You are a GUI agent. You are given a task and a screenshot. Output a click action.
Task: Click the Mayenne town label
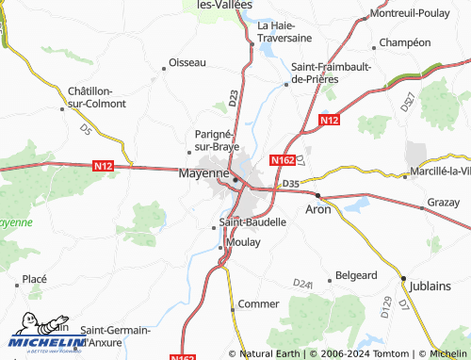[203, 174]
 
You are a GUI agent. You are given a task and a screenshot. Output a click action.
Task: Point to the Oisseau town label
[187, 62]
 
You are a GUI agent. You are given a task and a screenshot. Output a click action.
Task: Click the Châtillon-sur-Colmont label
[90, 97]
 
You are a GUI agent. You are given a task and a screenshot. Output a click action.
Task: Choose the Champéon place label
[404, 43]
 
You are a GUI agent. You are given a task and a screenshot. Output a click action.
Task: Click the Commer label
[258, 304]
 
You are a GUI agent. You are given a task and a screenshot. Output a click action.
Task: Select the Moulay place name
[242, 243]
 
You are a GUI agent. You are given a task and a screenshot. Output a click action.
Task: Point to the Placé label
[34, 279]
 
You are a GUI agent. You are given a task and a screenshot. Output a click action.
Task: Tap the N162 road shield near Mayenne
[284, 161]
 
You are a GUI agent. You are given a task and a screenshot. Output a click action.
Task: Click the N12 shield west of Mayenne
[104, 166]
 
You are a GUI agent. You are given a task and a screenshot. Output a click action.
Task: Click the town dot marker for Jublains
[403, 280]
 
